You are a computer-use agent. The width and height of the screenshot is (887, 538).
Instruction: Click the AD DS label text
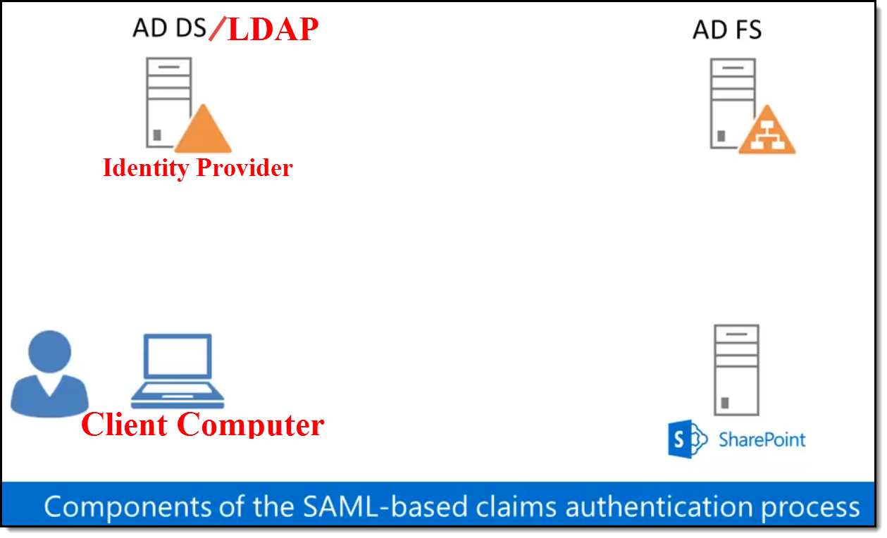[x=169, y=28]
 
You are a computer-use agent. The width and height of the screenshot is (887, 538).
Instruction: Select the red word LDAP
[x=273, y=30]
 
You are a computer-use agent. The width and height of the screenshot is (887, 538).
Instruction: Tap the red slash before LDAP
[x=218, y=29]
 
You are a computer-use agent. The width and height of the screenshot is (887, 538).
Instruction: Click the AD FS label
[x=727, y=30]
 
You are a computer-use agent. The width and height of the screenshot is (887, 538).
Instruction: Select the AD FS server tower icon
[x=733, y=102]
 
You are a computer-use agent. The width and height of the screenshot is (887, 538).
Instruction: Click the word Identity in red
[x=146, y=168]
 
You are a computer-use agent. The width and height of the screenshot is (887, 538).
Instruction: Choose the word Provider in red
[x=244, y=168]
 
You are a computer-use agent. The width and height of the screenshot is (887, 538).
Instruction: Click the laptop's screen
[x=178, y=356]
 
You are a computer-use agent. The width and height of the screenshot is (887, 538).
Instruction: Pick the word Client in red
[x=125, y=425]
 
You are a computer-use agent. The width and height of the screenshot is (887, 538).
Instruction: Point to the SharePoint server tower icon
[x=736, y=370]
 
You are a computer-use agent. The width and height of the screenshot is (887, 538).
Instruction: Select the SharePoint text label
[x=762, y=440]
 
